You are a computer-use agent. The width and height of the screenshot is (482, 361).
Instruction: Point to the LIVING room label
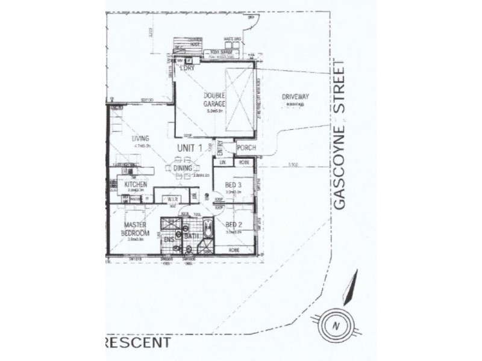point(140,138)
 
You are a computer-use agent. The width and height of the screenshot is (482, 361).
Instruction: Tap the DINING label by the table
point(182,169)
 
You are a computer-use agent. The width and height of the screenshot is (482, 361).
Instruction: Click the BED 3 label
point(233,185)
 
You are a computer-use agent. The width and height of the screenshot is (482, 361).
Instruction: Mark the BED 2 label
point(233,226)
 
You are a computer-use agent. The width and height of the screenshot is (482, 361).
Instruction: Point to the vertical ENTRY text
point(220,147)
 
